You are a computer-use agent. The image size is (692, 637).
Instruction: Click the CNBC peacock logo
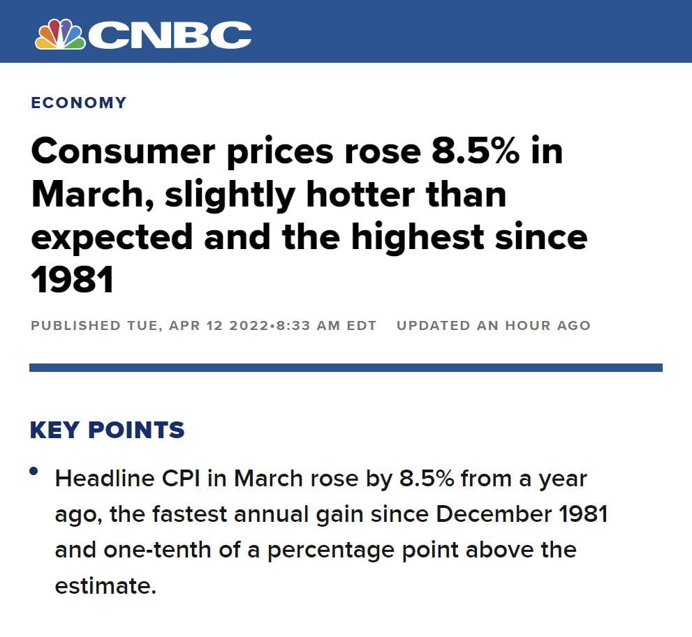point(60,33)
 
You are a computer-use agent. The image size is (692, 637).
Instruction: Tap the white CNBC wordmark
point(170,35)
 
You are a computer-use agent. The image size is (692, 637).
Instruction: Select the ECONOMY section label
point(78,103)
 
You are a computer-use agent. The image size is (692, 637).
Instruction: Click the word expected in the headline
point(111,237)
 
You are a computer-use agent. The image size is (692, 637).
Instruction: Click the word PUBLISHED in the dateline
point(75,326)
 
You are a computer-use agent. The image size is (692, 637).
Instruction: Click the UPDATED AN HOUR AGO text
point(493,326)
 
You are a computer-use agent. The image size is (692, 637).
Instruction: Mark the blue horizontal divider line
point(346,368)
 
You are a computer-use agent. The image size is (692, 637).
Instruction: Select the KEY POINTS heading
point(107,430)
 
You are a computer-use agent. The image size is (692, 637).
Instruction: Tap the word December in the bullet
point(494,514)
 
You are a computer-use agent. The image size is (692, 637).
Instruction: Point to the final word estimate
point(104,585)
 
